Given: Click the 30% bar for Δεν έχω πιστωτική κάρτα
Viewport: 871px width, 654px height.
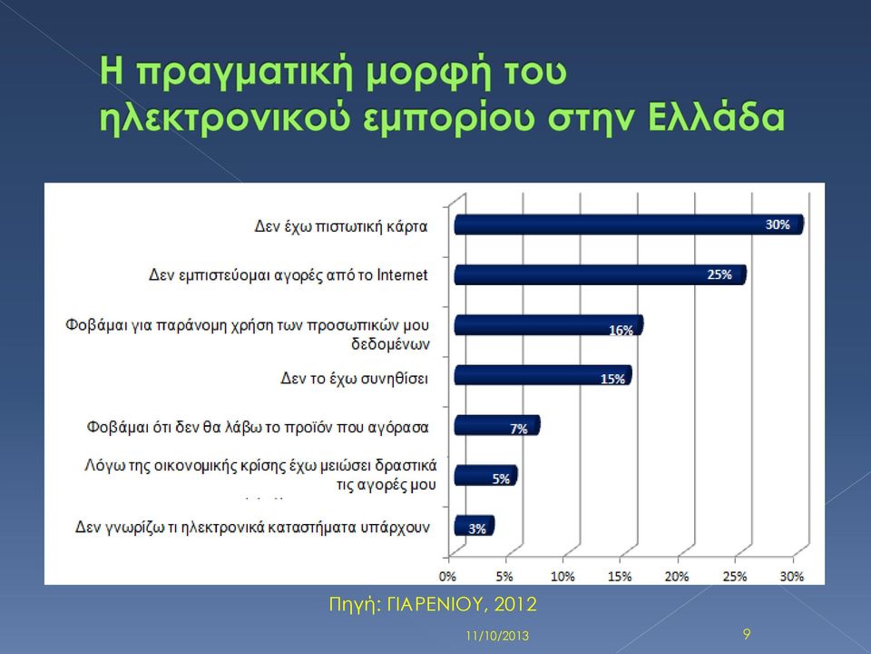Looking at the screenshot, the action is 629,224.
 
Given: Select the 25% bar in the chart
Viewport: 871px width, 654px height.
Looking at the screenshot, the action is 601,274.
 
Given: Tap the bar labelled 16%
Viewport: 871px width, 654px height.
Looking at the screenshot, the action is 549,325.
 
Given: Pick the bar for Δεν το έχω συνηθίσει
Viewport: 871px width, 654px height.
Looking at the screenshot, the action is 543,375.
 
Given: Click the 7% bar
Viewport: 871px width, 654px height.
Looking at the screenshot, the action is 497,425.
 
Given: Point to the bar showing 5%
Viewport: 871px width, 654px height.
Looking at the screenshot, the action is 485,475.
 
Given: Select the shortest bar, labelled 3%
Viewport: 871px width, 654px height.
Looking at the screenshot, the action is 474,526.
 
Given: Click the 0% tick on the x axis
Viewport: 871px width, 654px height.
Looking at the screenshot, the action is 447,577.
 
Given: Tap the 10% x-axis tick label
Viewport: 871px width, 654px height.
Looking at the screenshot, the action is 563,577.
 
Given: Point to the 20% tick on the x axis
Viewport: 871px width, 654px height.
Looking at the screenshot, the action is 677,577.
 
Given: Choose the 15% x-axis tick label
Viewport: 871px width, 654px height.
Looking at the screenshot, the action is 620,577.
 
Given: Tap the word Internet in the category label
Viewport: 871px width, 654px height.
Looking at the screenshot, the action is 402,274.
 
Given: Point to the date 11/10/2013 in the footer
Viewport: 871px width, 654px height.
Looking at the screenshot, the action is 497,636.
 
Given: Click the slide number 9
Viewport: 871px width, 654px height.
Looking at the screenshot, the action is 747,634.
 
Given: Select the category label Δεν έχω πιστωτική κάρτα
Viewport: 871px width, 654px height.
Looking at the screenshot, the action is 341,226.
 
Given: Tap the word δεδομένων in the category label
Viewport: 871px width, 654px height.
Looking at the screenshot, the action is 390,344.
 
